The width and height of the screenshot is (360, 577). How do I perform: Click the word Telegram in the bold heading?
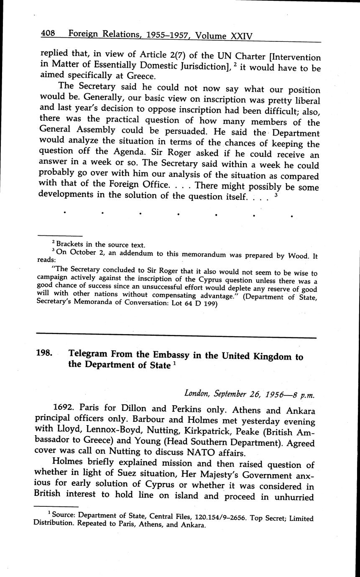(89, 354)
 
